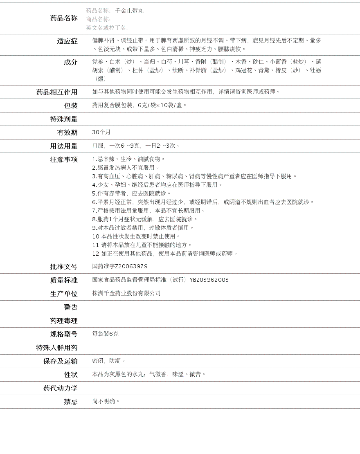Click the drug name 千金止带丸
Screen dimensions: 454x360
coord(129,11)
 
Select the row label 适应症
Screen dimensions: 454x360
coord(67,41)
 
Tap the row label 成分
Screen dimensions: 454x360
coord(70,62)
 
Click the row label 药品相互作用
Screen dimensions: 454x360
coord(57,92)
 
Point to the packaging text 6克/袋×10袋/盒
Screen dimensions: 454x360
coord(162,105)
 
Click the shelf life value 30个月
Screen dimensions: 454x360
coord(101,132)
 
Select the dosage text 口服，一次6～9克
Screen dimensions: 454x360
coord(116,146)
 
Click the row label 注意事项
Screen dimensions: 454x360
coord(64,160)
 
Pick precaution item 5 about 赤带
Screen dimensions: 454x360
coord(131,193)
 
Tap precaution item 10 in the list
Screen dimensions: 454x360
coord(136,236)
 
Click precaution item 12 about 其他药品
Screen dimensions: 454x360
coord(165,254)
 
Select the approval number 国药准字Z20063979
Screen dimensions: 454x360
coord(120,266)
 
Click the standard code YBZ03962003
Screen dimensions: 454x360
coord(209,280)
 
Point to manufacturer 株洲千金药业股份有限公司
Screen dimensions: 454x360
coord(126,293)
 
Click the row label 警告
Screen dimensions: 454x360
coord(70,307)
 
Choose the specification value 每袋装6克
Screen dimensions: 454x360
coord(105,334)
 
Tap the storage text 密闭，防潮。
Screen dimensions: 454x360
coord(109,361)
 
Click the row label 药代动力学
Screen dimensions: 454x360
coord(60,388)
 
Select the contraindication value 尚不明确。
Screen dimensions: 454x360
coord(106,401)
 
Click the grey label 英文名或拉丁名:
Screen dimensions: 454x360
coord(107,28)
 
